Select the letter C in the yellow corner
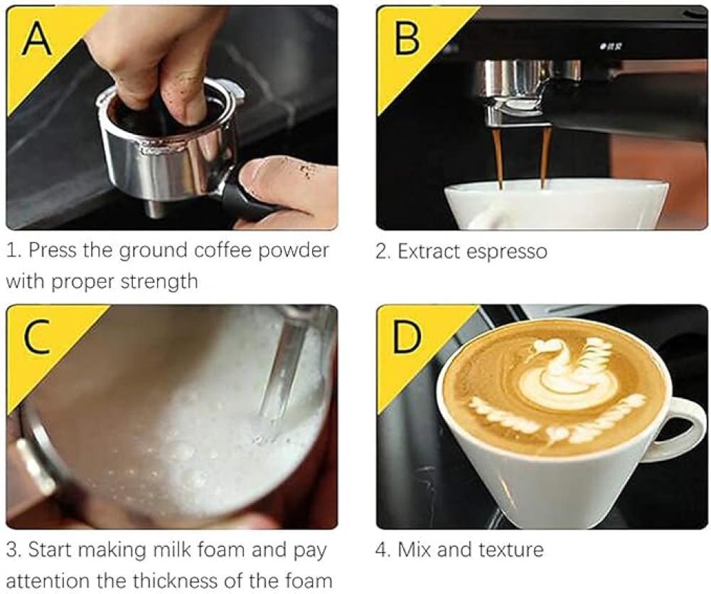pos(38,336)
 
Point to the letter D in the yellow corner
pos(407,336)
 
